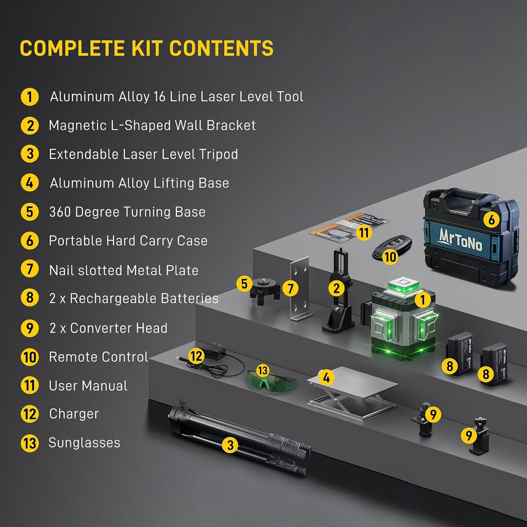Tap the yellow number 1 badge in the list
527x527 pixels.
29,97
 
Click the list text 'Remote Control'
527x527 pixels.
98,357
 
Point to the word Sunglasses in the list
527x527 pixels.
84,443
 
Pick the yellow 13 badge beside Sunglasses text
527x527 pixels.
29,443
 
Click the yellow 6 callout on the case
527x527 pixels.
491,219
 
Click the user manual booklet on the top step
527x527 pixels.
349,227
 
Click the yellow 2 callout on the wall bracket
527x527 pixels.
336,288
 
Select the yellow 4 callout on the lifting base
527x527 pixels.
326,377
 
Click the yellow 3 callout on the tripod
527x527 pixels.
230,445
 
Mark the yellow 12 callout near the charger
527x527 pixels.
196,356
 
